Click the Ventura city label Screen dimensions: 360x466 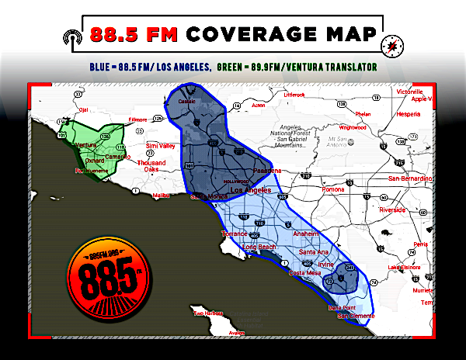point(85,145)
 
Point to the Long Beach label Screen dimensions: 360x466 point(259,247)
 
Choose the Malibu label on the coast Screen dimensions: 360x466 point(162,196)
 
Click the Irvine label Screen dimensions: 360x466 point(325,264)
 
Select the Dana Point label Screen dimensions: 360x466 point(343,308)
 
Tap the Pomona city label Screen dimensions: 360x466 point(333,189)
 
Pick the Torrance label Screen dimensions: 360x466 point(234,234)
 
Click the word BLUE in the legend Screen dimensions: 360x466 point(99,67)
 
